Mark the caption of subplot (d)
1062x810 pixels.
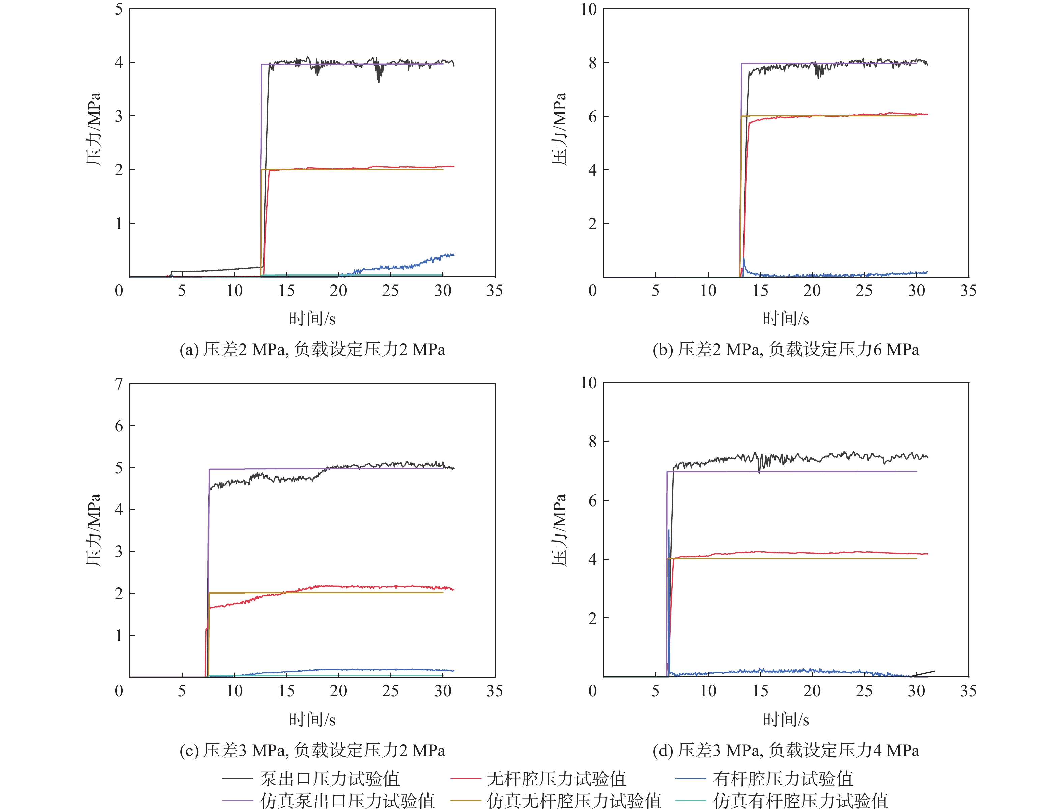tap(786, 750)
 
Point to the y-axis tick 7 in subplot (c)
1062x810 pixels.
tap(119, 384)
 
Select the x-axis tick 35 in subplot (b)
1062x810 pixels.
tap(968, 290)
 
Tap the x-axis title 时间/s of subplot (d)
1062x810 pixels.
tap(786, 719)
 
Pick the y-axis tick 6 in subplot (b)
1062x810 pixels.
tap(592, 117)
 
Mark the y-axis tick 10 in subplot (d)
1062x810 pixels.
tap(589, 383)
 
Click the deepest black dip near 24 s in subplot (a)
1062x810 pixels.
tap(379, 82)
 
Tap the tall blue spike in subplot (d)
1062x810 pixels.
tap(669, 530)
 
